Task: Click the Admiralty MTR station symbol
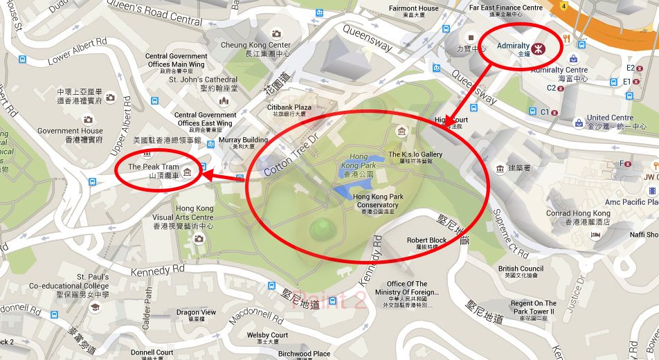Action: click(544, 48)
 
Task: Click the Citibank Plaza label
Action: click(289, 111)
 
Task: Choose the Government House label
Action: click(70, 134)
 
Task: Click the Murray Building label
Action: click(243, 143)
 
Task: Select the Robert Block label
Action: click(426, 243)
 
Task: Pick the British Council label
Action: click(521, 272)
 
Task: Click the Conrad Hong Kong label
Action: click(578, 217)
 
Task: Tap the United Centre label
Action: click(610, 122)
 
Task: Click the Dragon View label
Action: click(196, 316)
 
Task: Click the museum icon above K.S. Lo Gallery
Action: click(401, 132)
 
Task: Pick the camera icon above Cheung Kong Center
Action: click(276, 33)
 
